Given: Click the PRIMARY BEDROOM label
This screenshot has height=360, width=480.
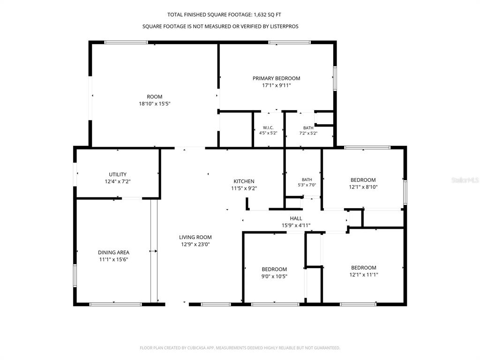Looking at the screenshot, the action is coord(276,78).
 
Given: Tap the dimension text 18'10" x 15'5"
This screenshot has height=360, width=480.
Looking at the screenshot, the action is coord(155,104).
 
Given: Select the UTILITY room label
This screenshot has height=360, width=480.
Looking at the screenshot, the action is coord(118,174).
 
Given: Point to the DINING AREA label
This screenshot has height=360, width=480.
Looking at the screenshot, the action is coord(113,253).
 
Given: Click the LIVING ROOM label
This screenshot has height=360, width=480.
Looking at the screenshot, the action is coord(195,237).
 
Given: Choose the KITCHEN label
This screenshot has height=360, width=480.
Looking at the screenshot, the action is coord(244,181).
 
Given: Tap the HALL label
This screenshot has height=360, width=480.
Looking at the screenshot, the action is coord(296,218).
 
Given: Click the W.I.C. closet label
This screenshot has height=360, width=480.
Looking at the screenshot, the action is coord(268,127).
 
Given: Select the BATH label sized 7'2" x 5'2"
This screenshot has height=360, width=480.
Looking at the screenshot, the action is coord(308,127).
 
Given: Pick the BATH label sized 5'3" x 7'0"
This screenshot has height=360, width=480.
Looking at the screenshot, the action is coord(307,180).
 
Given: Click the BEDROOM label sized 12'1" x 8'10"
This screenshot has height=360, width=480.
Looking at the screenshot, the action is coord(363,180).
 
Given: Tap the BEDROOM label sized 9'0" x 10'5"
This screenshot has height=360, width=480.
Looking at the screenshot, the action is coord(274,270).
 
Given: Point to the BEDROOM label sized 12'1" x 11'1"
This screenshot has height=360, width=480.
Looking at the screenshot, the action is coord(364,268).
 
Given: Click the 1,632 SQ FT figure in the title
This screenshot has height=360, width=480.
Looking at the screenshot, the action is coord(267,15).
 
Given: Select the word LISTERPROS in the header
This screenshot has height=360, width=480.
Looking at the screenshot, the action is coord(284,27).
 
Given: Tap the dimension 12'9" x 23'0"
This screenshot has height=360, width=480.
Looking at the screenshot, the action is coord(195,244).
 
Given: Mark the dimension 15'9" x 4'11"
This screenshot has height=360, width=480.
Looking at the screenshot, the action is coord(296,225).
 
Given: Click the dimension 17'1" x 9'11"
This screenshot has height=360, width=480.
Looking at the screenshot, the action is coord(277,85).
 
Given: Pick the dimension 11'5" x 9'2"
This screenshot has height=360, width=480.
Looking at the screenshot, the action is coord(244,188).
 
